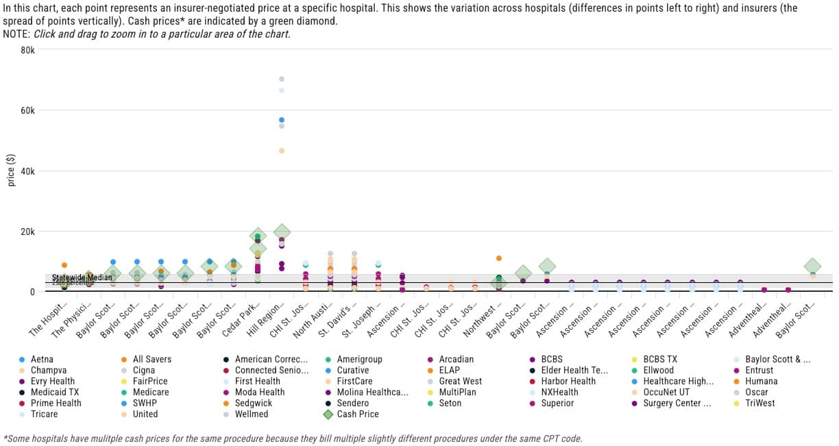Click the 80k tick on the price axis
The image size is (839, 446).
tap(27, 50)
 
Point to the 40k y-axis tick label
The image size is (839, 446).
tap(27, 171)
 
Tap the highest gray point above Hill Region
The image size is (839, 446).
tap(282, 79)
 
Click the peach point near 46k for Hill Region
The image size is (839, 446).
tap(282, 151)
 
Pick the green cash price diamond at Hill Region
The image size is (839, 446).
tap(282, 232)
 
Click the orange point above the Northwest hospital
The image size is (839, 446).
tap(499, 258)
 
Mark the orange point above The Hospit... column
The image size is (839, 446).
tap(64, 265)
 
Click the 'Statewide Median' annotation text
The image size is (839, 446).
tap(82, 277)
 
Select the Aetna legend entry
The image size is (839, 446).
tap(42, 359)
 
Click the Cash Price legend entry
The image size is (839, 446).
tap(357, 414)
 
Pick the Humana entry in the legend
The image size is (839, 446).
tap(759, 381)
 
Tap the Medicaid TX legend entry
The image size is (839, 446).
tap(51, 392)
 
